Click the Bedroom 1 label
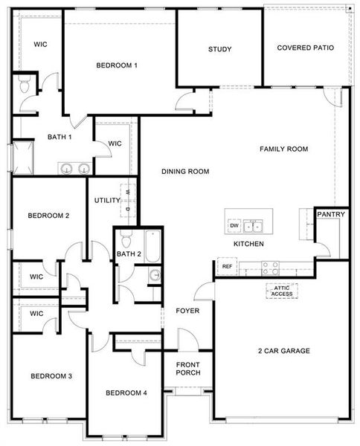(117, 65)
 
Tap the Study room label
(219, 50)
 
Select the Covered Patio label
(305, 48)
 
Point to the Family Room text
(283, 149)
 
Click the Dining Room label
(185, 172)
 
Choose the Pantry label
(330, 215)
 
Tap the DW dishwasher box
(234, 225)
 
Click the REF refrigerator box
(227, 266)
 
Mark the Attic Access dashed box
(281, 291)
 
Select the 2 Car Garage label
(283, 351)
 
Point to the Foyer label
(187, 311)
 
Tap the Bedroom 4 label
(126, 392)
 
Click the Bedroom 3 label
(51, 376)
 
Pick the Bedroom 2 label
(48, 216)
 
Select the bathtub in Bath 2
(152, 247)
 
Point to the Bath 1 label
(60, 137)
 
